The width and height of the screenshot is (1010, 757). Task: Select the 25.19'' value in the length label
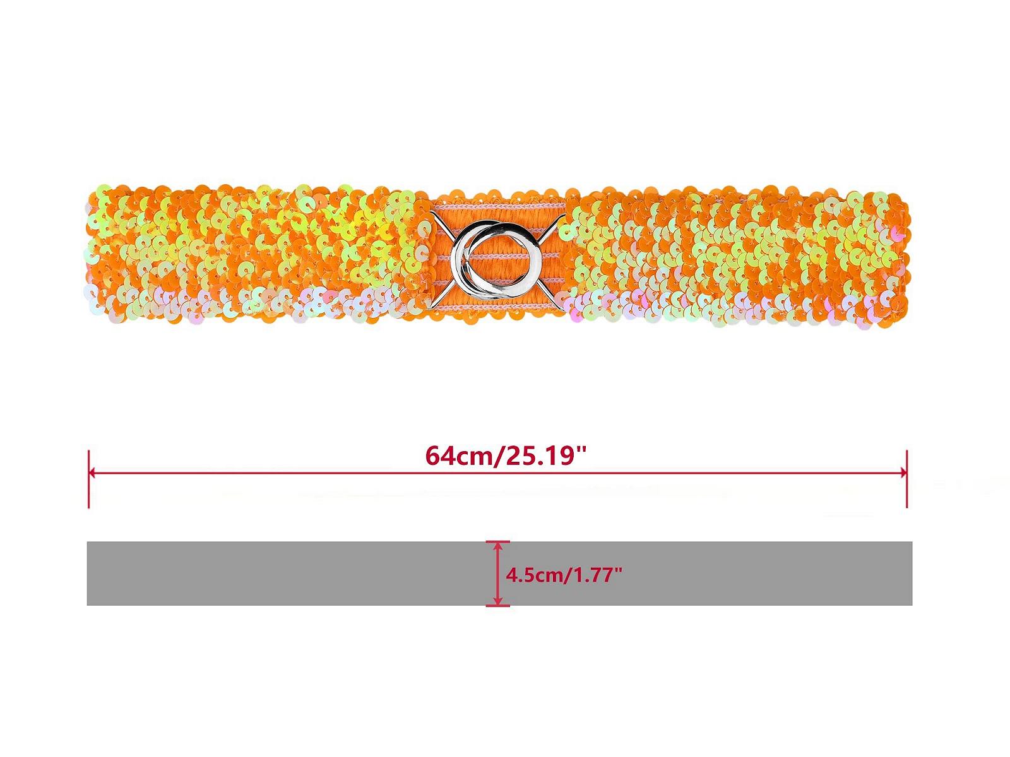[544, 456]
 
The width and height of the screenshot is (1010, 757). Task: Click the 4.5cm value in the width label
[533, 575]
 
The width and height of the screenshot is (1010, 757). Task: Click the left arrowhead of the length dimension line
[92, 472]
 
